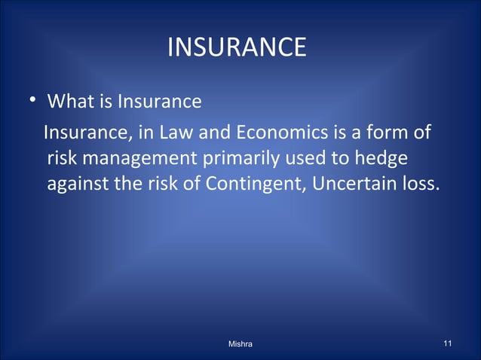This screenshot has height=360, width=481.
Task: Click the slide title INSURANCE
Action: [x=236, y=48]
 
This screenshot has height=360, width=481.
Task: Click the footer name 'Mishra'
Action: [x=240, y=344]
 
